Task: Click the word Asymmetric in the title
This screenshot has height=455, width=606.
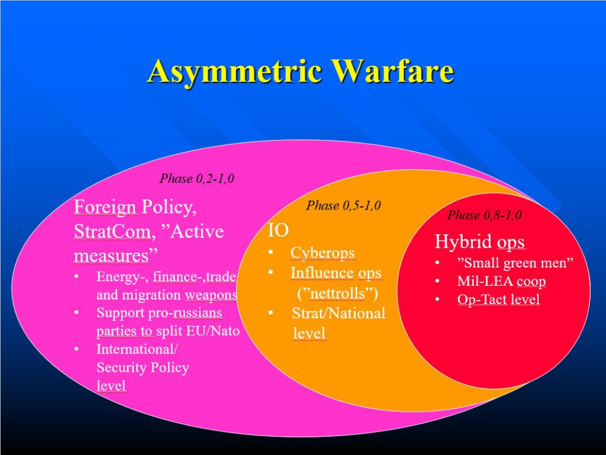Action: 235,71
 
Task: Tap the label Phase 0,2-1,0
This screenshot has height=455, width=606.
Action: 196,179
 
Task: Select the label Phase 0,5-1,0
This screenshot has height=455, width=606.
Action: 344,205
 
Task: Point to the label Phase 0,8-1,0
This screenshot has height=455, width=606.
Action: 484,215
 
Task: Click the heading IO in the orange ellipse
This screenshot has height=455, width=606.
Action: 278,231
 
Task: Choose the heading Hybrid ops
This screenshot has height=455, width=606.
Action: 479,242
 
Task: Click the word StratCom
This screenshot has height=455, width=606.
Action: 111,231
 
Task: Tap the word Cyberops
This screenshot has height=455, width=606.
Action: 323,253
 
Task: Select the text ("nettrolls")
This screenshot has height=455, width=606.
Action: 337,293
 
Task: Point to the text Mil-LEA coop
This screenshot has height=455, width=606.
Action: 501,281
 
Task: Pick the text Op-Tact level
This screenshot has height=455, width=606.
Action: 498,299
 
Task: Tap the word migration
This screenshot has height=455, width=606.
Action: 152,295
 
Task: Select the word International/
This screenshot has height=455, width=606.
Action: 137,349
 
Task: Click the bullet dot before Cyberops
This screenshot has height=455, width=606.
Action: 271,253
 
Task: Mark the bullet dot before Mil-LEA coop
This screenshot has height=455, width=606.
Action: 437,281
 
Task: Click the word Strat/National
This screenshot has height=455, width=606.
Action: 339,313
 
